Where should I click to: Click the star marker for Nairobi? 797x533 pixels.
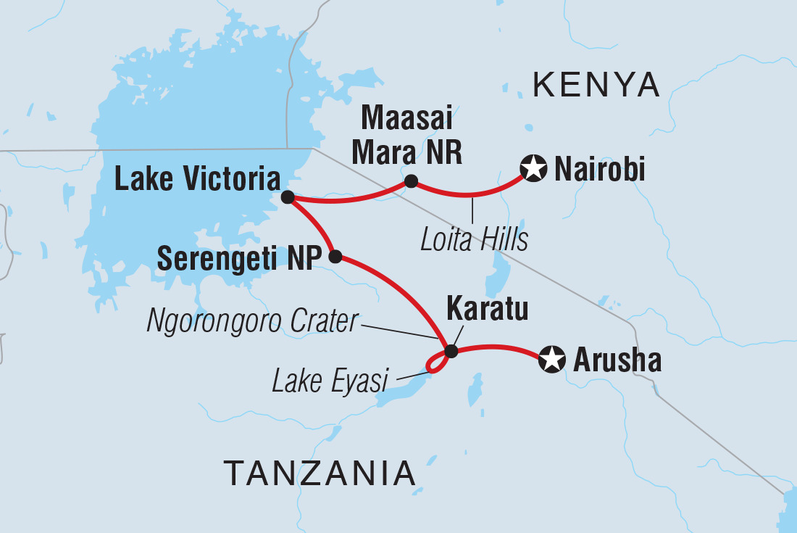pyautogui.click(x=533, y=170)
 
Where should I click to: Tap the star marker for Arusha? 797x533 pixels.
pyautogui.click(x=552, y=359)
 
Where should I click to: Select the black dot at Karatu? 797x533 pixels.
pyautogui.click(x=451, y=352)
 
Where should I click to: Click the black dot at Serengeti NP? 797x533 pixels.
pyautogui.click(x=335, y=256)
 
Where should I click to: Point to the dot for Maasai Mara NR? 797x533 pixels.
pyautogui.click(x=411, y=181)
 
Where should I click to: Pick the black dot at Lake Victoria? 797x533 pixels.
pyautogui.click(x=287, y=197)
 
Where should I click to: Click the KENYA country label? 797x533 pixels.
pyautogui.click(x=596, y=86)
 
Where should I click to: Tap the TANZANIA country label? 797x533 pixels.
pyautogui.click(x=320, y=474)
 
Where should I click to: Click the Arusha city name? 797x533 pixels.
pyautogui.click(x=617, y=360)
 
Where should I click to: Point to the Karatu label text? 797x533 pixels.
pyautogui.click(x=486, y=310)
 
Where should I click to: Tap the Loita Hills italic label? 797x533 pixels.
pyautogui.click(x=474, y=240)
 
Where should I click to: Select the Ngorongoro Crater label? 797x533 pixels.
pyautogui.click(x=252, y=321)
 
